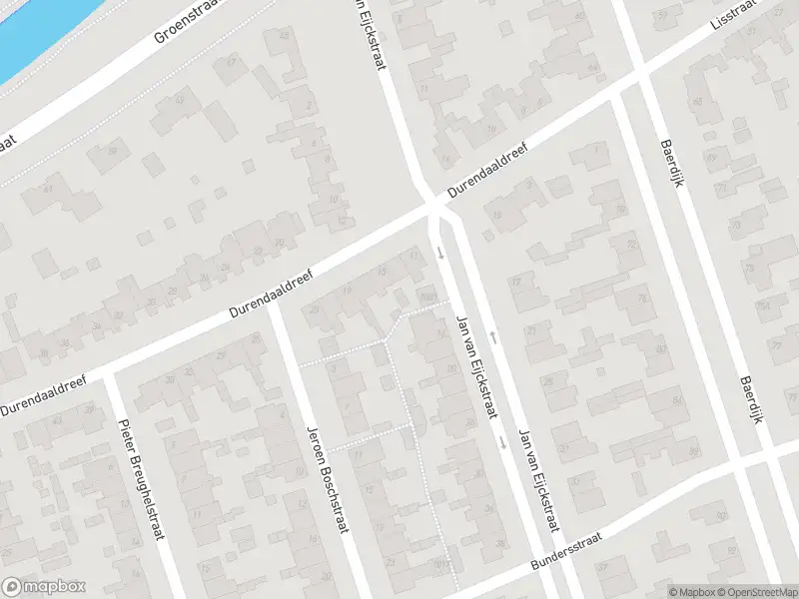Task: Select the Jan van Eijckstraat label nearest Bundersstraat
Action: [x=535, y=480]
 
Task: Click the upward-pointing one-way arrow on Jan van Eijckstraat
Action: [x=492, y=337]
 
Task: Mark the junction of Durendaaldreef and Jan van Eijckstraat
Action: [x=435, y=206]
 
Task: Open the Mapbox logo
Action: [x=44, y=587]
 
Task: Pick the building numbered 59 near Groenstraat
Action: [x=112, y=152]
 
